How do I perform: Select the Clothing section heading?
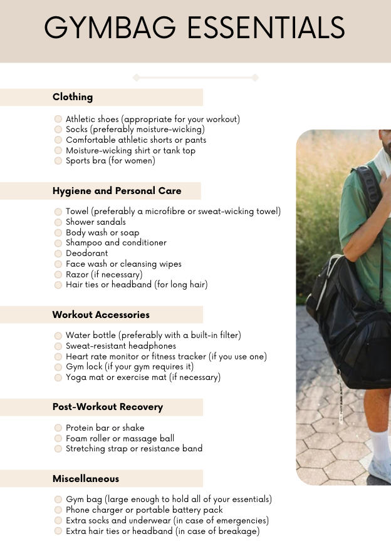pos(73,97)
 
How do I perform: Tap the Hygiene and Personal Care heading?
pos(117,191)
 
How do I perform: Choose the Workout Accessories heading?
pos(101,314)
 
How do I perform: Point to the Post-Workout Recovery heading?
pos(108,407)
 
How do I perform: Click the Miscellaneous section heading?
pos(86,479)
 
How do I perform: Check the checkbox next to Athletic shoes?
pos(58,119)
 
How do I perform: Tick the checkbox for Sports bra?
pos(58,161)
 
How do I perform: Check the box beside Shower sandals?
pos(58,222)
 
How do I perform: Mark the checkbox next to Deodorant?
pos(58,254)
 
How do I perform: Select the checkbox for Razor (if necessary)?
pos(58,275)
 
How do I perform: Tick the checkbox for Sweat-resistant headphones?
pos(58,346)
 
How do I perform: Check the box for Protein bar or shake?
pos(58,428)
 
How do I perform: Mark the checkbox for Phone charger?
pos(58,510)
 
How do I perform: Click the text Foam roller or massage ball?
pos(120,438)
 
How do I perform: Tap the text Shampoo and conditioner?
pos(116,243)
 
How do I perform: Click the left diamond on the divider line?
pos(137,78)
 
